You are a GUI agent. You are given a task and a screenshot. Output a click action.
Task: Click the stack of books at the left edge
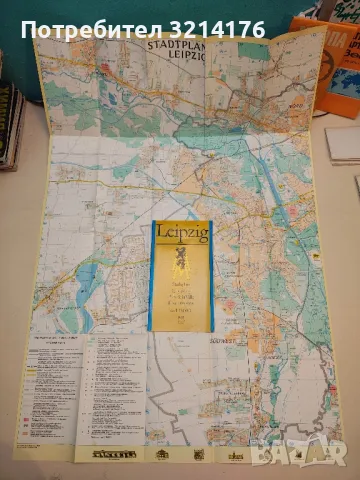coord(10,125)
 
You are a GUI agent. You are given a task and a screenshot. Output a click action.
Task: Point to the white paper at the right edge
coord(343,145)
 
